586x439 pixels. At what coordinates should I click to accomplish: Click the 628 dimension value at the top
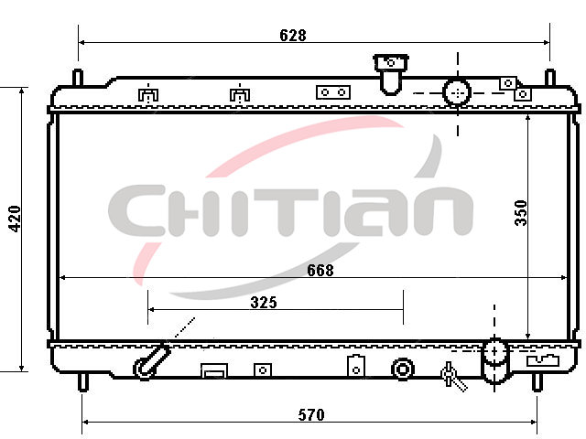(293, 35)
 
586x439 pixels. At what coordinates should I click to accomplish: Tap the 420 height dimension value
(15, 219)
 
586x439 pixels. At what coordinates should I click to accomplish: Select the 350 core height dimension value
(521, 213)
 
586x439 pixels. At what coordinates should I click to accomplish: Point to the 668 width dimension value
(320, 271)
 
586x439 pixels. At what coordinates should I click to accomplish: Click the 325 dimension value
(264, 303)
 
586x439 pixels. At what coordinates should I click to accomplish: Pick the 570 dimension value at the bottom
(311, 414)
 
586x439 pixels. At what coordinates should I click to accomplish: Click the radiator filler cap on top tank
(391, 74)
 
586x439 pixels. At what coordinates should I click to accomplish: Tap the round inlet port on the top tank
(457, 92)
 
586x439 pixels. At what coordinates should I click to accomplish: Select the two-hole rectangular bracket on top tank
(333, 92)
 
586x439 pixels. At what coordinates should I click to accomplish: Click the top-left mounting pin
(78, 78)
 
